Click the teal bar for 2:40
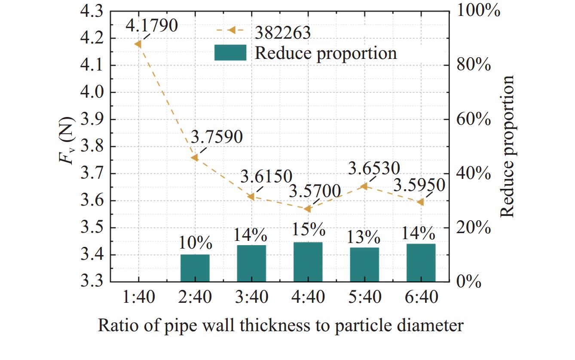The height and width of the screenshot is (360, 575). pyautogui.click(x=195, y=268)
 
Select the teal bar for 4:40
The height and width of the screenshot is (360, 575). pyautogui.click(x=308, y=262)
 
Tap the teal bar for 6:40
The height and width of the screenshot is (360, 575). pyautogui.click(x=421, y=263)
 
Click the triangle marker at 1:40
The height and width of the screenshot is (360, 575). pyautogui.click(x=138, y=44)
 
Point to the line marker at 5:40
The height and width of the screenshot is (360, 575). pyautogui.click(x=364, y=186)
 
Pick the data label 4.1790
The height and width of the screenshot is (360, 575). pyautogui.click(x=152, y=26)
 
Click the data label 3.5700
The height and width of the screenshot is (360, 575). pyautogui.click(x=315, y=191)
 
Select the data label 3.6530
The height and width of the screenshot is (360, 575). pyautogui.click(x=374, y=169)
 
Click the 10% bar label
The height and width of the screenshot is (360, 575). pyautogui.click(x=196, y=243)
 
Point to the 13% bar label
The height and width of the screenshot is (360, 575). pyautogui.click(x=364, y=237)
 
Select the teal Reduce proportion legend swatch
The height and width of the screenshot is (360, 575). pyautogui.click(x=230, y=52)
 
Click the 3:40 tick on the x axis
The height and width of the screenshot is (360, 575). pyautogui.click(x=251, y=297)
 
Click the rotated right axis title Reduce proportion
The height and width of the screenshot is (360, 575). pyautogui.click(x=508, y=146)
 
